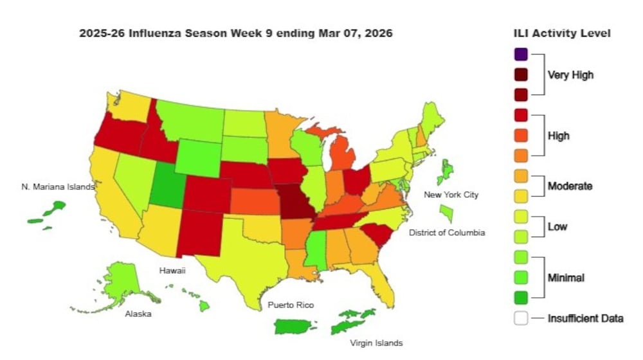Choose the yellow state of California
120,193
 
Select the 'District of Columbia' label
447,232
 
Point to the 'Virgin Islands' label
376,343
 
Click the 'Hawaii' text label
172,271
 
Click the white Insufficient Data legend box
521,318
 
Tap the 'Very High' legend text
570,75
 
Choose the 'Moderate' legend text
570,186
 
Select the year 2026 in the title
378,33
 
